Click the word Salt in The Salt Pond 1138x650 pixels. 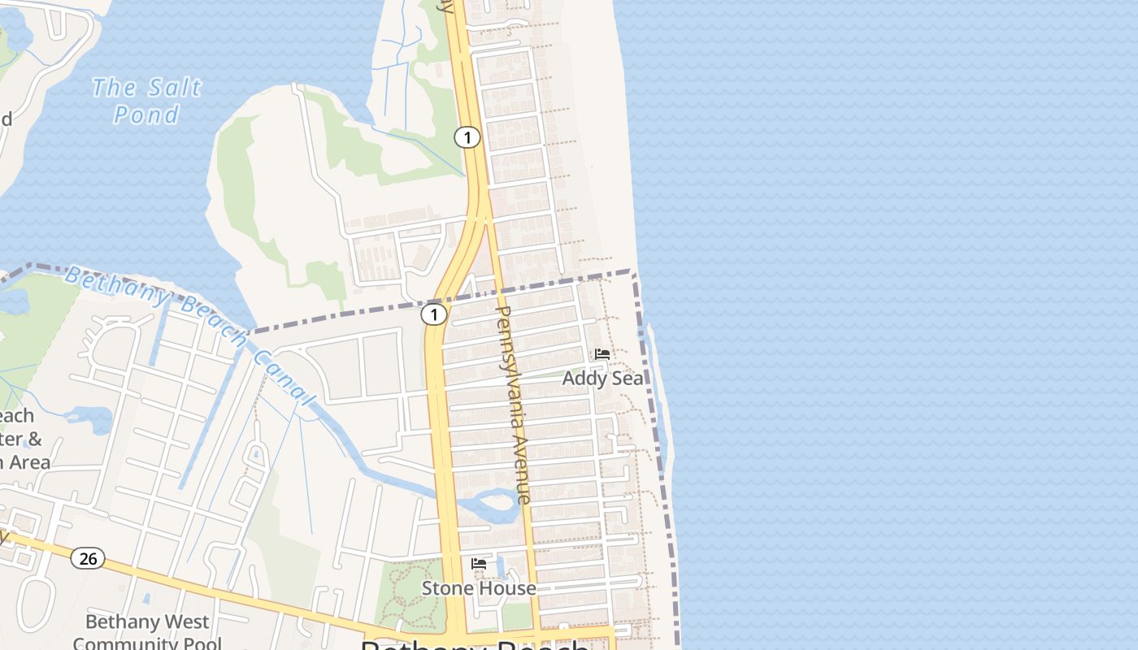click(174, 88)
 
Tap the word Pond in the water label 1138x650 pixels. click(146, 115)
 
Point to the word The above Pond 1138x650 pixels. click(114, 87)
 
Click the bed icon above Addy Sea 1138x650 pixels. click(602, 354)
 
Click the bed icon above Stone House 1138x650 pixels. click(479, 563)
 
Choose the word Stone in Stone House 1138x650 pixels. click(445, 587)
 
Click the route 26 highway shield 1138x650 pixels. click(88, 558)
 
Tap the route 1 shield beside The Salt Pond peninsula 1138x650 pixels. click(467, 137)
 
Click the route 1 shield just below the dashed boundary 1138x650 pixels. click(434, 314)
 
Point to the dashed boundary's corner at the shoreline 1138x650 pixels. click(633, 273)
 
